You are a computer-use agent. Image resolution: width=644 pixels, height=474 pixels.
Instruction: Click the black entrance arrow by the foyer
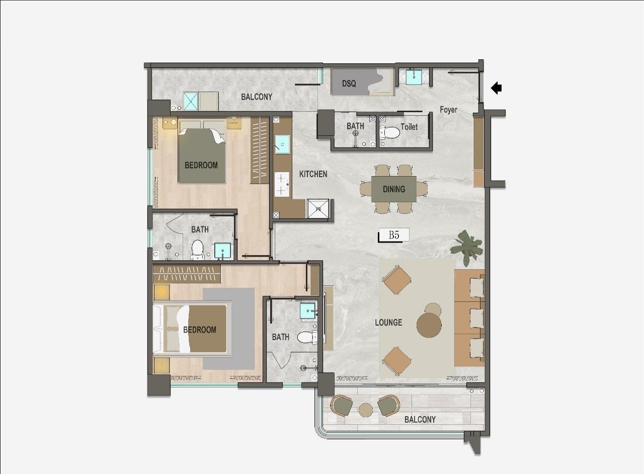(497, 88)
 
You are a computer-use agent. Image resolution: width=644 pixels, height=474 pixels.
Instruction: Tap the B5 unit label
(394, 235)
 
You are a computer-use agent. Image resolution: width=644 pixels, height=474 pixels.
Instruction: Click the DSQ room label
(349, 84)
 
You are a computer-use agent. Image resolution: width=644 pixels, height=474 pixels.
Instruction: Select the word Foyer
(448, 110)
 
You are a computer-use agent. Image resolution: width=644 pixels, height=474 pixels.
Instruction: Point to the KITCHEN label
(313, 174)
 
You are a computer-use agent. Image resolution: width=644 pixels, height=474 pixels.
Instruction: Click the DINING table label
(394, 189)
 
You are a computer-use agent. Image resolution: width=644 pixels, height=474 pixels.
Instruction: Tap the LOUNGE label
(388, 323)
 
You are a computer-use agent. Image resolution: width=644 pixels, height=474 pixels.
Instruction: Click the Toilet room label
(409, 127)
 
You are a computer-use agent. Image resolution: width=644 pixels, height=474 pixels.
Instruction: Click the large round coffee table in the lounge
(429, 325)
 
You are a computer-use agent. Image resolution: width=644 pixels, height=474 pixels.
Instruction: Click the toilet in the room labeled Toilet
(390, 133)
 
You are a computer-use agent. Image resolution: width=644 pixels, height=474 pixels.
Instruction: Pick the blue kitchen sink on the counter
(282, 144)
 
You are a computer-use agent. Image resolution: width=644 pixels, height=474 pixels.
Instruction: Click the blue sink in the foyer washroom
(414, 77)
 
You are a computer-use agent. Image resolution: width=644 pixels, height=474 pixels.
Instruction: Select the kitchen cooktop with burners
(282, 184)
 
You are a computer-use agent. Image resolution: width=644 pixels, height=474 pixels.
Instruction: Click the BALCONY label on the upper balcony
(257, 97)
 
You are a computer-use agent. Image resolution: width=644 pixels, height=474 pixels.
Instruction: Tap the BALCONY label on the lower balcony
(420, 420)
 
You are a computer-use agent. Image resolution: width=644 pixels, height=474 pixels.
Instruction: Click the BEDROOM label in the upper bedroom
(201, 166)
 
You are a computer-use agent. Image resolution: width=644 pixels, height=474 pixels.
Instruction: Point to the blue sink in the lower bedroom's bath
(308, 311)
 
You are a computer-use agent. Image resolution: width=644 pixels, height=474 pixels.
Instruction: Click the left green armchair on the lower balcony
(342, 405)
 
